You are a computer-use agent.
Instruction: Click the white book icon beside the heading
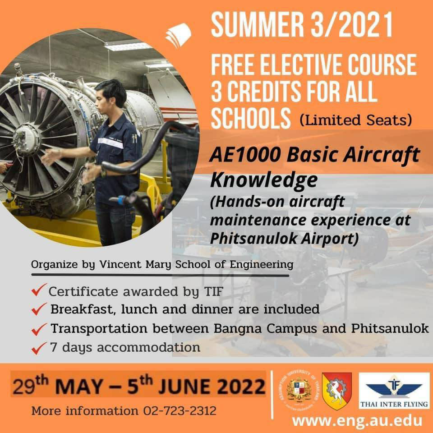pyautogui.click(x=179, y=35)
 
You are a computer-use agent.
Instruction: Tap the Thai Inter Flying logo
pyautogui.click(x=394, y=391)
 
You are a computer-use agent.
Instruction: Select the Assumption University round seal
pyautogui.click(x=299, y=390)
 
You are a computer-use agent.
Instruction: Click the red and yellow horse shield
pyautogui.click(x=336, y=391)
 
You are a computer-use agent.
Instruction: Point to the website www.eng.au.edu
pyautogui.click(x=357, y=421)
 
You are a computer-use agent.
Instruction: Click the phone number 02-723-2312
pyautogui.click(x=180, y=411)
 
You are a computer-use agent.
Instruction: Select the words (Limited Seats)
pyautogui.click(x=356, y=120)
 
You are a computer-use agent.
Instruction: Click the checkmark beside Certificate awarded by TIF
pyautogui.click(x=39, y=290)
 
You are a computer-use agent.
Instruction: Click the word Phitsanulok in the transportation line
pyautogui.click(x=390, y=328)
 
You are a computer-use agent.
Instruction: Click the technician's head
pyautogui.click(x=111, y=93)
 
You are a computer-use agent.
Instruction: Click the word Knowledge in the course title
pyautogui.click(x=264, y=180)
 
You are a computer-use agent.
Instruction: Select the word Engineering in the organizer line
pyautogui.click(x=262, y=265)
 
